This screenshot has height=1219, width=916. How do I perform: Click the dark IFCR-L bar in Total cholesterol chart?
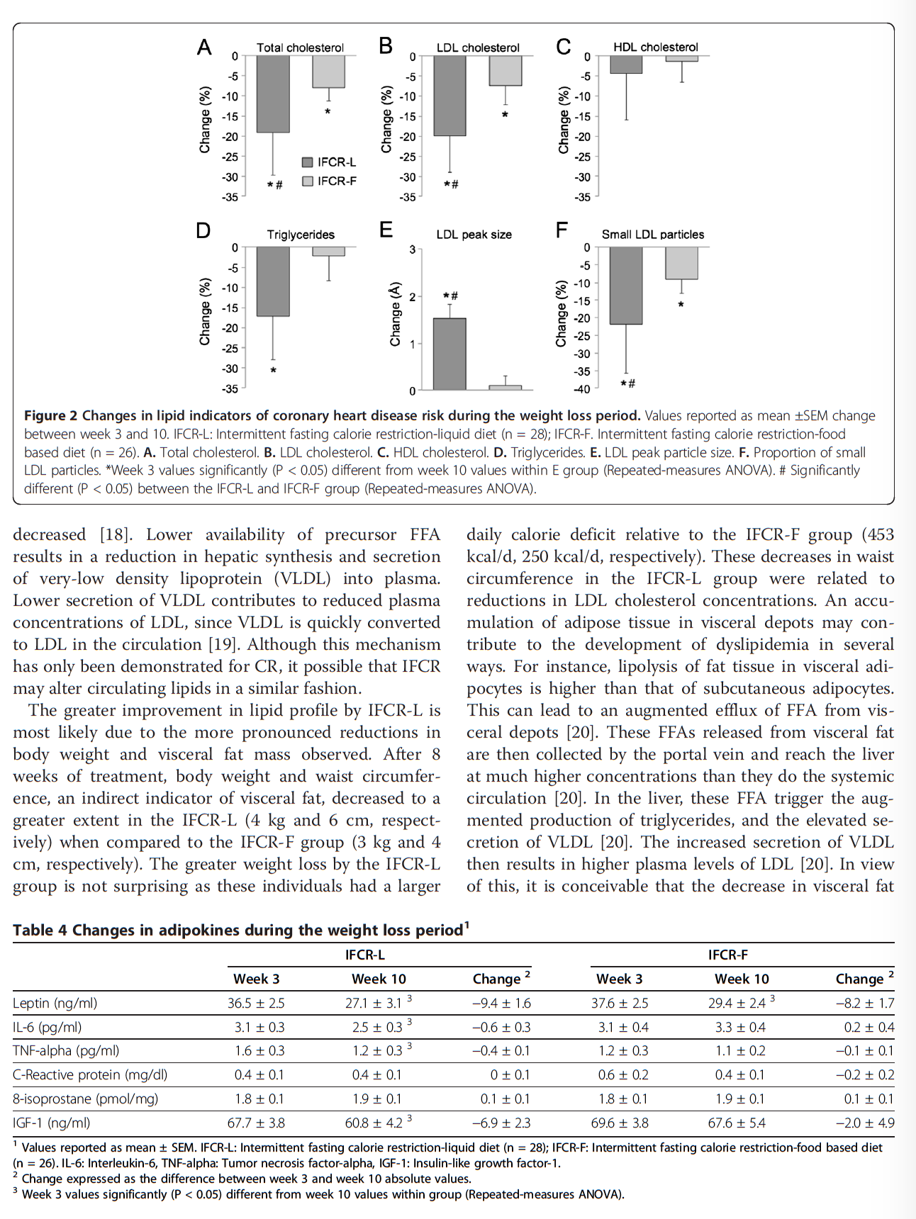click(273, 94)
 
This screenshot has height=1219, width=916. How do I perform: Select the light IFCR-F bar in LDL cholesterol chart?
click(506, 71)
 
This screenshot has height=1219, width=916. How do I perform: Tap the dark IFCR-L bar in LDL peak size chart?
click(449, 354)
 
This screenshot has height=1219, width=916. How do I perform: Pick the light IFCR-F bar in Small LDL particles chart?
click(681, 263)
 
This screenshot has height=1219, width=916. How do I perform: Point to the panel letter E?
click(386, 230)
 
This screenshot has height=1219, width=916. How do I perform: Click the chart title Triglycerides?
click(301, 235)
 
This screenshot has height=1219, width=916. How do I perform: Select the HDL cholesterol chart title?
click(656, 47)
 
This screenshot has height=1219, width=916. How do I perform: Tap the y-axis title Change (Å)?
click(396, 315)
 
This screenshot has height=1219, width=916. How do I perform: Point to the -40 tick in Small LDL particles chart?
click(582, 389)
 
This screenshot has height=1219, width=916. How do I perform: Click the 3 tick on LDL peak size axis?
click(412, 249)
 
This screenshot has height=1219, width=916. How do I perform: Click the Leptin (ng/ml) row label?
click(55, 1003)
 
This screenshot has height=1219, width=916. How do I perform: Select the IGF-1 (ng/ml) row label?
click(52, 1123)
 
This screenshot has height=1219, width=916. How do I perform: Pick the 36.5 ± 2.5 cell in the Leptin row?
click(256, 1003)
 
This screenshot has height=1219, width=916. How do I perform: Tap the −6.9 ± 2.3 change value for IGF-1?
click(501, 1123)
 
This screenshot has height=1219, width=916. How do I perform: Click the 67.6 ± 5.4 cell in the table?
click(740, 1123)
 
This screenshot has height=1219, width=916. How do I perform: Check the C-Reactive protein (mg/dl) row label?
click(90, 1074)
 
